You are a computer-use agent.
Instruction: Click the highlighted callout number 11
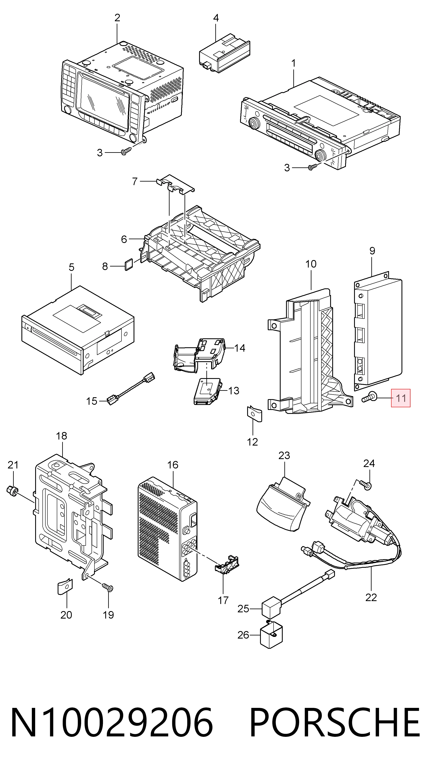[x=401, y=398]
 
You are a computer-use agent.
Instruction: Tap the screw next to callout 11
[x=369, y=397]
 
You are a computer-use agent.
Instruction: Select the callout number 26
[x=243, y=635]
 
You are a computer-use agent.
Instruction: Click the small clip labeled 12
[x=254, y=414]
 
